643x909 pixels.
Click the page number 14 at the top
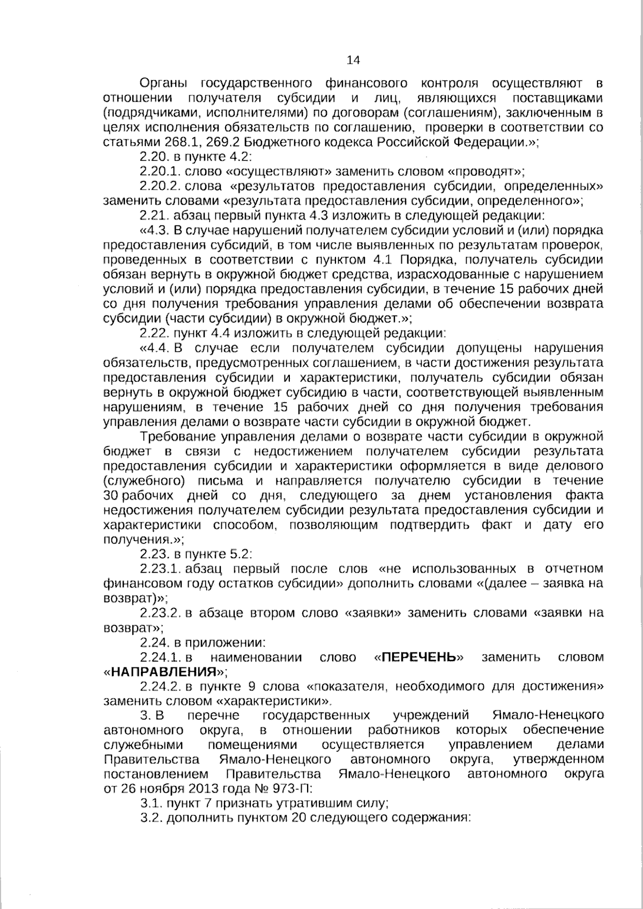[x=354, y=60]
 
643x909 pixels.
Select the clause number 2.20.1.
[x=160, y=172]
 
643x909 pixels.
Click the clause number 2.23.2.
[x=160, y=613]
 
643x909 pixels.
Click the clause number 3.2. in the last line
[x=151, y=818]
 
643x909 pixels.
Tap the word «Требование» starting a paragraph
[x=177, y=435]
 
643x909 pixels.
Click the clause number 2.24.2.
[x=160, y=686]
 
